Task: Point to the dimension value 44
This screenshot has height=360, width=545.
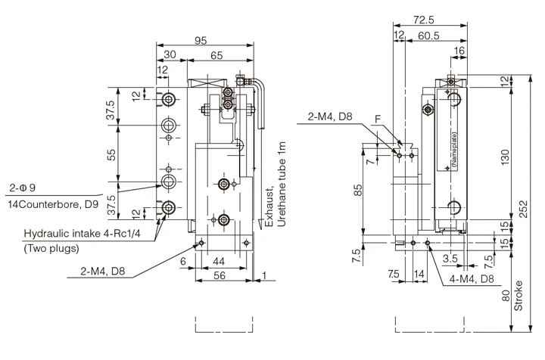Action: click(220, 261)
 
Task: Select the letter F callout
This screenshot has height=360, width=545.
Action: click(378, 119)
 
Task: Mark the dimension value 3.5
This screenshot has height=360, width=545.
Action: click(450, 259)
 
